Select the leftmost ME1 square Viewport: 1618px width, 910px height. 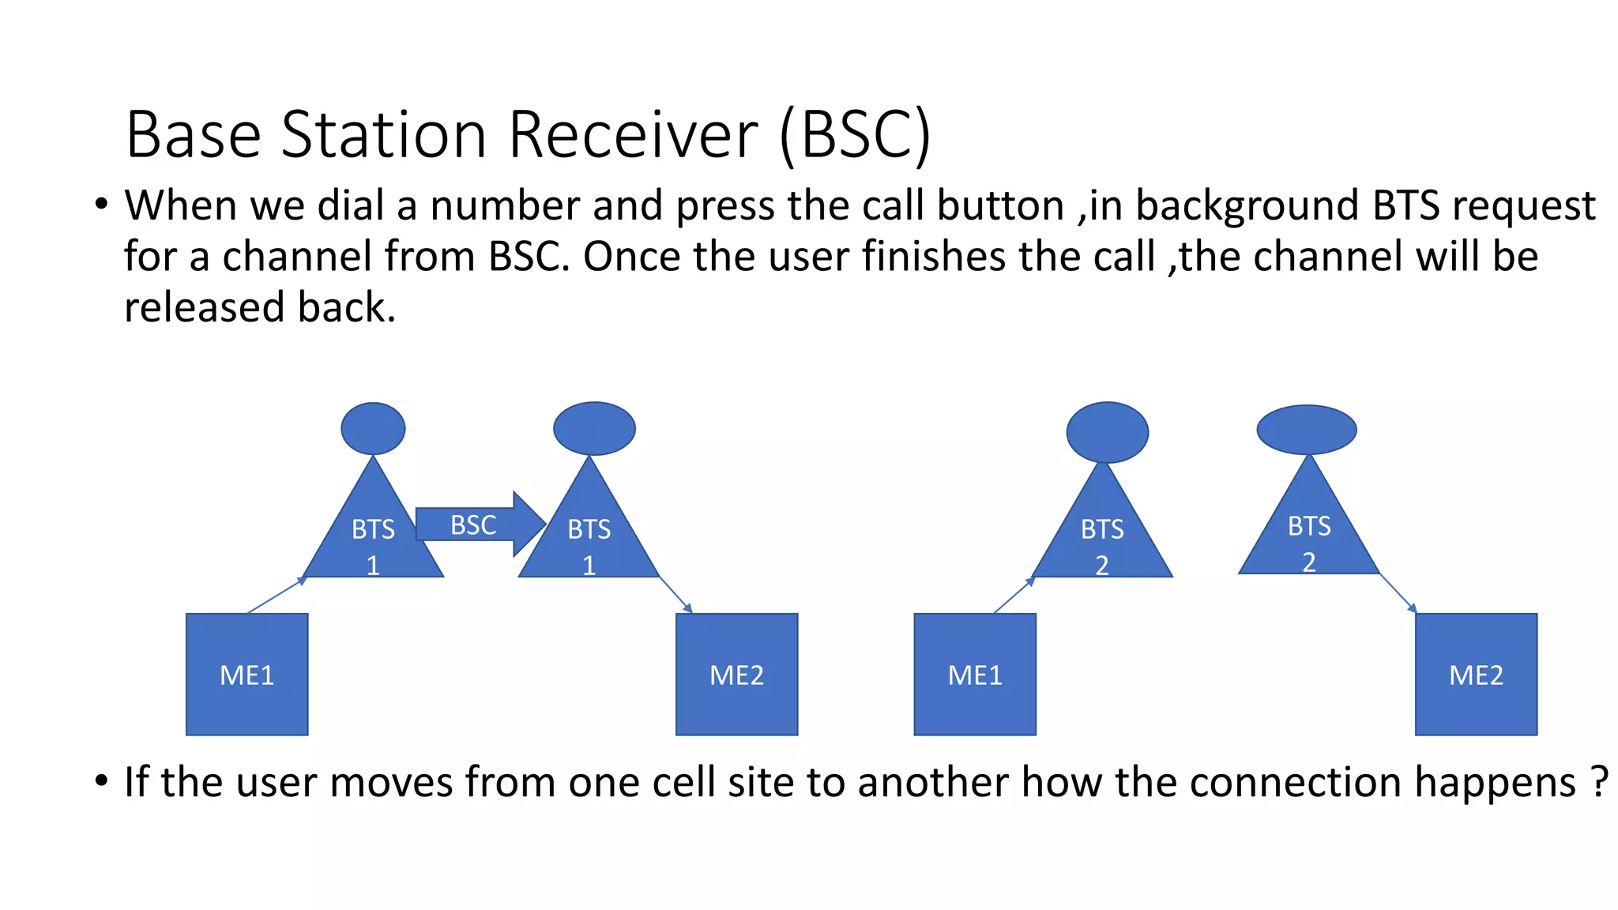point(246,675)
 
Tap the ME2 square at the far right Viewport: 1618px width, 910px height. point(1476,675)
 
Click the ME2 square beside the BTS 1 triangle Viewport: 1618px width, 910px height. point(736,675)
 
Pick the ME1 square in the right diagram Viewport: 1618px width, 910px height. point(975,675)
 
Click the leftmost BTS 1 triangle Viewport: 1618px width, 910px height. point(373,537)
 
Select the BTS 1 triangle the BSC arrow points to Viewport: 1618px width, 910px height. point(589,537)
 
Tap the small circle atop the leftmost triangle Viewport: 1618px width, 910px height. point(373,428)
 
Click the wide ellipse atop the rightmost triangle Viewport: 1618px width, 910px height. point(1307,430)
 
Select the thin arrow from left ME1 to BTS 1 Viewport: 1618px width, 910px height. point(277,595)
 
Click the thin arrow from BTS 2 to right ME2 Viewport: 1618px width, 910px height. point(1397,592)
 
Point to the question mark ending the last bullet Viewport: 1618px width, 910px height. point(1598,782)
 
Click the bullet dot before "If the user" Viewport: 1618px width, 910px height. point(101,781)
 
